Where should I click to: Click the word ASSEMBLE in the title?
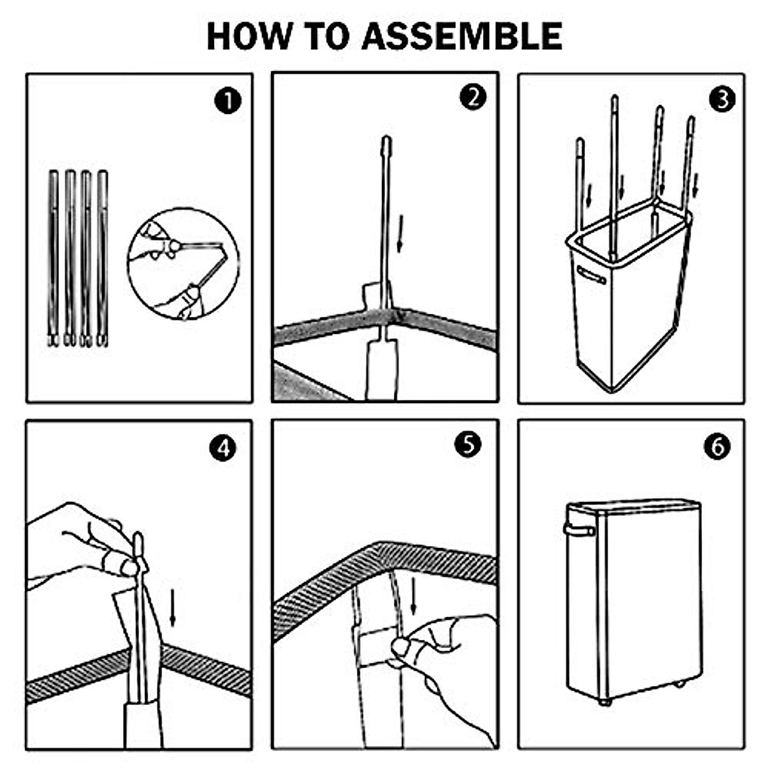tap(462, 36)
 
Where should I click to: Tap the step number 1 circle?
tap(228, 101)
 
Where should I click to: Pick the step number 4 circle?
tap(222, 448)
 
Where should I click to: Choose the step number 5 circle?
tap(468, 444)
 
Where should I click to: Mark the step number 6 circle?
tap(717, 447)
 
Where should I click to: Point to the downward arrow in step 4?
tap(172, 608)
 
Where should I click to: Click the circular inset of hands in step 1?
tap(183, 263)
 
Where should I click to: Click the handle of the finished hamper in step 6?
tap(579, 529)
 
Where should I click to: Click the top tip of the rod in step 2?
tap(386, 140)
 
